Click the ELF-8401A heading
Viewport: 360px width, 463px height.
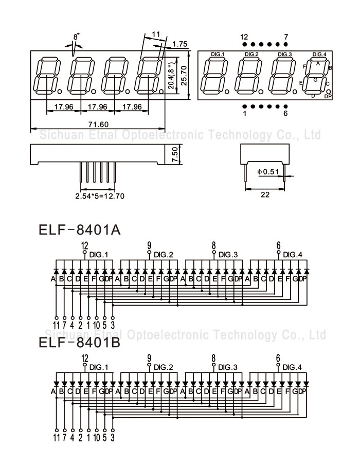(x=79, y=229)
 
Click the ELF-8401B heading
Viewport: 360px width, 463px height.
(x=79, y=343)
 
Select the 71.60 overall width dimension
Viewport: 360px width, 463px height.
(x=98, y=124)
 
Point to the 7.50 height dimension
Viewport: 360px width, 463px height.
(x=175, y=155)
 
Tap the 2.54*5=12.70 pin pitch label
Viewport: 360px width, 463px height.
(x=100, y=196)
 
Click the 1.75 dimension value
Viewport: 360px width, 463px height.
(x=179, y=44)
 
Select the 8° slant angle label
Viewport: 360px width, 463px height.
(x=77, y=37)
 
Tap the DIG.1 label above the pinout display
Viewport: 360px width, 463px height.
(x=218, y=54)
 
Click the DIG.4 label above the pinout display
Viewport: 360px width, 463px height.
(x=319, y=54)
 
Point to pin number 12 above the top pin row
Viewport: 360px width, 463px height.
(x=244, y=37)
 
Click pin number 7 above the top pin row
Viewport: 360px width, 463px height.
(x=286, y=37)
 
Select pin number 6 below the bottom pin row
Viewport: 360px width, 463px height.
(x=285, y=114)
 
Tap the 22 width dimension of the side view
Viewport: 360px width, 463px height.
(x=265, y=194)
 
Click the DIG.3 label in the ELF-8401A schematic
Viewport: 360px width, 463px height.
(x=228, y=254)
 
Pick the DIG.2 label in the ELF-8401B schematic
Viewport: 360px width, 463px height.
(x=164, y=367)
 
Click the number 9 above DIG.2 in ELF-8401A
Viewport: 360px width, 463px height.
(x=149, y=245)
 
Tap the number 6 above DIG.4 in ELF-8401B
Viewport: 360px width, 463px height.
(x=278, y=358)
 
